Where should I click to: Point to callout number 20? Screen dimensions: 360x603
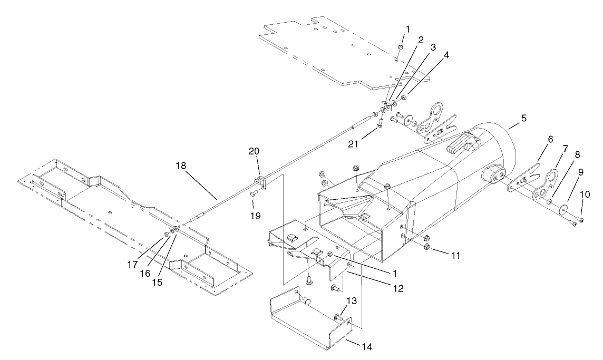pyautogui.click(x=254, y=151)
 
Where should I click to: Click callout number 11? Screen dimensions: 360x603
pyautogui.click(x=456, y=255)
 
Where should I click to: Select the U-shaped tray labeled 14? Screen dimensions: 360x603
pyautogui.click(x=311, y=322)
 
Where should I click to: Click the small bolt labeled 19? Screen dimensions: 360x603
pyautogui.click(x=253, y=194)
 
